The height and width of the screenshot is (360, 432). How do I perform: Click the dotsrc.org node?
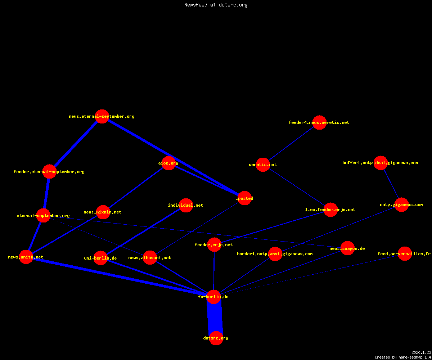point(216,338)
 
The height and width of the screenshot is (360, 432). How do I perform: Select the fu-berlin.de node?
point(213,297)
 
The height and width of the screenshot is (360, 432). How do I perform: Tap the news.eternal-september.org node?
point(102,116)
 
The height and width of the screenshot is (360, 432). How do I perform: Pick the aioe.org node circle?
point(168,163)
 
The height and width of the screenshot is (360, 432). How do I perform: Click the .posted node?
point(244,198)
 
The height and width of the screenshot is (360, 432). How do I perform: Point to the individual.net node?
point(186,205)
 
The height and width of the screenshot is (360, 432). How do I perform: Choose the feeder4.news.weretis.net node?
point(319,122)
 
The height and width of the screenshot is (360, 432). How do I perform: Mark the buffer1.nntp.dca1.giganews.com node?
point(381,163)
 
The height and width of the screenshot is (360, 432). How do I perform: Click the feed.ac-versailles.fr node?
point(405,254)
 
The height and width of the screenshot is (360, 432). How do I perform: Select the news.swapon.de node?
point(348,248)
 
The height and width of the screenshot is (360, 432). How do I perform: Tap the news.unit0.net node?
point(26,257)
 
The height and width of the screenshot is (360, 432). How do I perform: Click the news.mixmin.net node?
point(103,212)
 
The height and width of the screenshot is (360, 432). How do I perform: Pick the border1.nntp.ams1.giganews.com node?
point(275,254)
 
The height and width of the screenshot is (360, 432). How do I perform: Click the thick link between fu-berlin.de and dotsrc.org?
point(215,318)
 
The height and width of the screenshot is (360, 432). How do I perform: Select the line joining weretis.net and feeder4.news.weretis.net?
point(291,144)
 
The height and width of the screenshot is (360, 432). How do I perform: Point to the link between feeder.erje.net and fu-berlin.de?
point(214,271)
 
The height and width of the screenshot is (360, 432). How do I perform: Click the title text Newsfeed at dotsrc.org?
point(216,5)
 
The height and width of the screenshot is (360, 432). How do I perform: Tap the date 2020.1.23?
point(421,352)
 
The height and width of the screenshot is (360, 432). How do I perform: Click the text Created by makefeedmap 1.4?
point(403,357)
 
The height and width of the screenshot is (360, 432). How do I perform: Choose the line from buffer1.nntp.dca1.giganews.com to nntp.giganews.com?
point(391,184)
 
